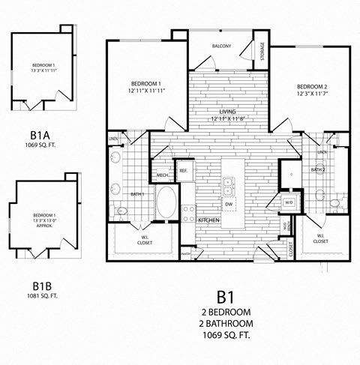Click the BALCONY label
pos(220,46)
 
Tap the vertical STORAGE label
pos(262,51)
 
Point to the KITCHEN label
pos(208,220)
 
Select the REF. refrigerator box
pos(184,171)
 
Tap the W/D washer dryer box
pos(289,202)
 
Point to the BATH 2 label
pos(318,170)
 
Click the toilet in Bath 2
pos(334,202)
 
